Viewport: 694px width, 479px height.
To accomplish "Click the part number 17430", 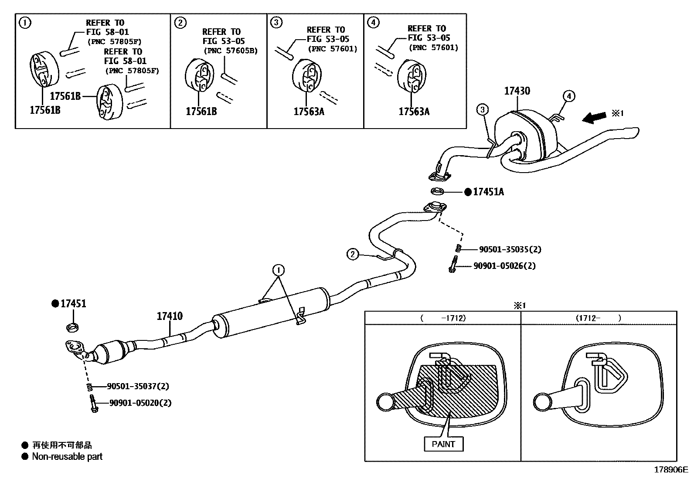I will [517, 91].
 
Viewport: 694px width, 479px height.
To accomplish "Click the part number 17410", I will [170, 316].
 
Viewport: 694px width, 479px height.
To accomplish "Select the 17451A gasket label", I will [488, 192].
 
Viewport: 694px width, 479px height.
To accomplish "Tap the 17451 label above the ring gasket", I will [73, 304].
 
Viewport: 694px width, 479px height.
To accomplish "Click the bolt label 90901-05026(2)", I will [504, 265].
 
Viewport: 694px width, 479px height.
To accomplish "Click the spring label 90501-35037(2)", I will [138, 386].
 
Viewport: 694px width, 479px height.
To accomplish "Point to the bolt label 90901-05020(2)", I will [140, 403].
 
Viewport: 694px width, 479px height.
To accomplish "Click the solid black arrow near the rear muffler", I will [595, 117].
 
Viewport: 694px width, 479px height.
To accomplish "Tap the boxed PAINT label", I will [443, 444].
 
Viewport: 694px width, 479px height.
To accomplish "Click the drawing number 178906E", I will [670, 470].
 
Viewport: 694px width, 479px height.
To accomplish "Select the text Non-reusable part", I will [67, 457].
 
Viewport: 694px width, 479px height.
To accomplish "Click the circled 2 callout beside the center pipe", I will [352, 254].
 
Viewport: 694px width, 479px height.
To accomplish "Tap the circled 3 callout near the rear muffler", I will [482, 109].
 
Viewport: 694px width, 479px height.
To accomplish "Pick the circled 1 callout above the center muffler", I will [279, 270].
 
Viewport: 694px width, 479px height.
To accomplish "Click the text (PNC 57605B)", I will [231, 51].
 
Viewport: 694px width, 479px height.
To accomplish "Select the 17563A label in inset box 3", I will [309, 112].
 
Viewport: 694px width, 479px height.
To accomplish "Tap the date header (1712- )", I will [598, 318].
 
